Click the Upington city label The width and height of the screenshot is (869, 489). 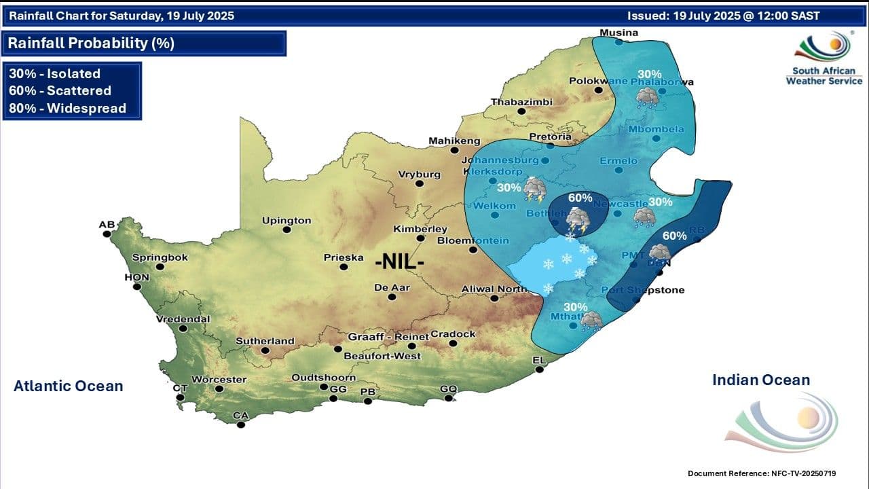[x=287, y=221]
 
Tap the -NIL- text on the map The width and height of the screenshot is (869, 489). [x=400, y=261]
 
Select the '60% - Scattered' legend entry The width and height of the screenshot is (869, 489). [x=60, y=91]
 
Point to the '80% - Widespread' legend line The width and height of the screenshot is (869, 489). [x=67, y=108]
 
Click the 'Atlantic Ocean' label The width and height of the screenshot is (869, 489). [x=68, y=386]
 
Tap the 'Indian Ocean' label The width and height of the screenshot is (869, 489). [x=761, y=380]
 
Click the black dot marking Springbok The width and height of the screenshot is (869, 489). [x=160, y=268]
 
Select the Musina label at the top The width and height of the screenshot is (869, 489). [x=618, y=33]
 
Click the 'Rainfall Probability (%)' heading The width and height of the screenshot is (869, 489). [x=91, y=43]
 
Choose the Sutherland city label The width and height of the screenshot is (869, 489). [x=265, y=341]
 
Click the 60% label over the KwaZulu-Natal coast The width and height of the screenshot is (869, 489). [x=674, y=236]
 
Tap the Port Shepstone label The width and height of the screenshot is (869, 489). [x=644, y=290]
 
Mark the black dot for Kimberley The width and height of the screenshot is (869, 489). [x=421, y=238]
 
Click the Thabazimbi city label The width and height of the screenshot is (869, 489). [x=521, y=103]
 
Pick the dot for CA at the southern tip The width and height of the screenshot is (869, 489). [x=241, y=425]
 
